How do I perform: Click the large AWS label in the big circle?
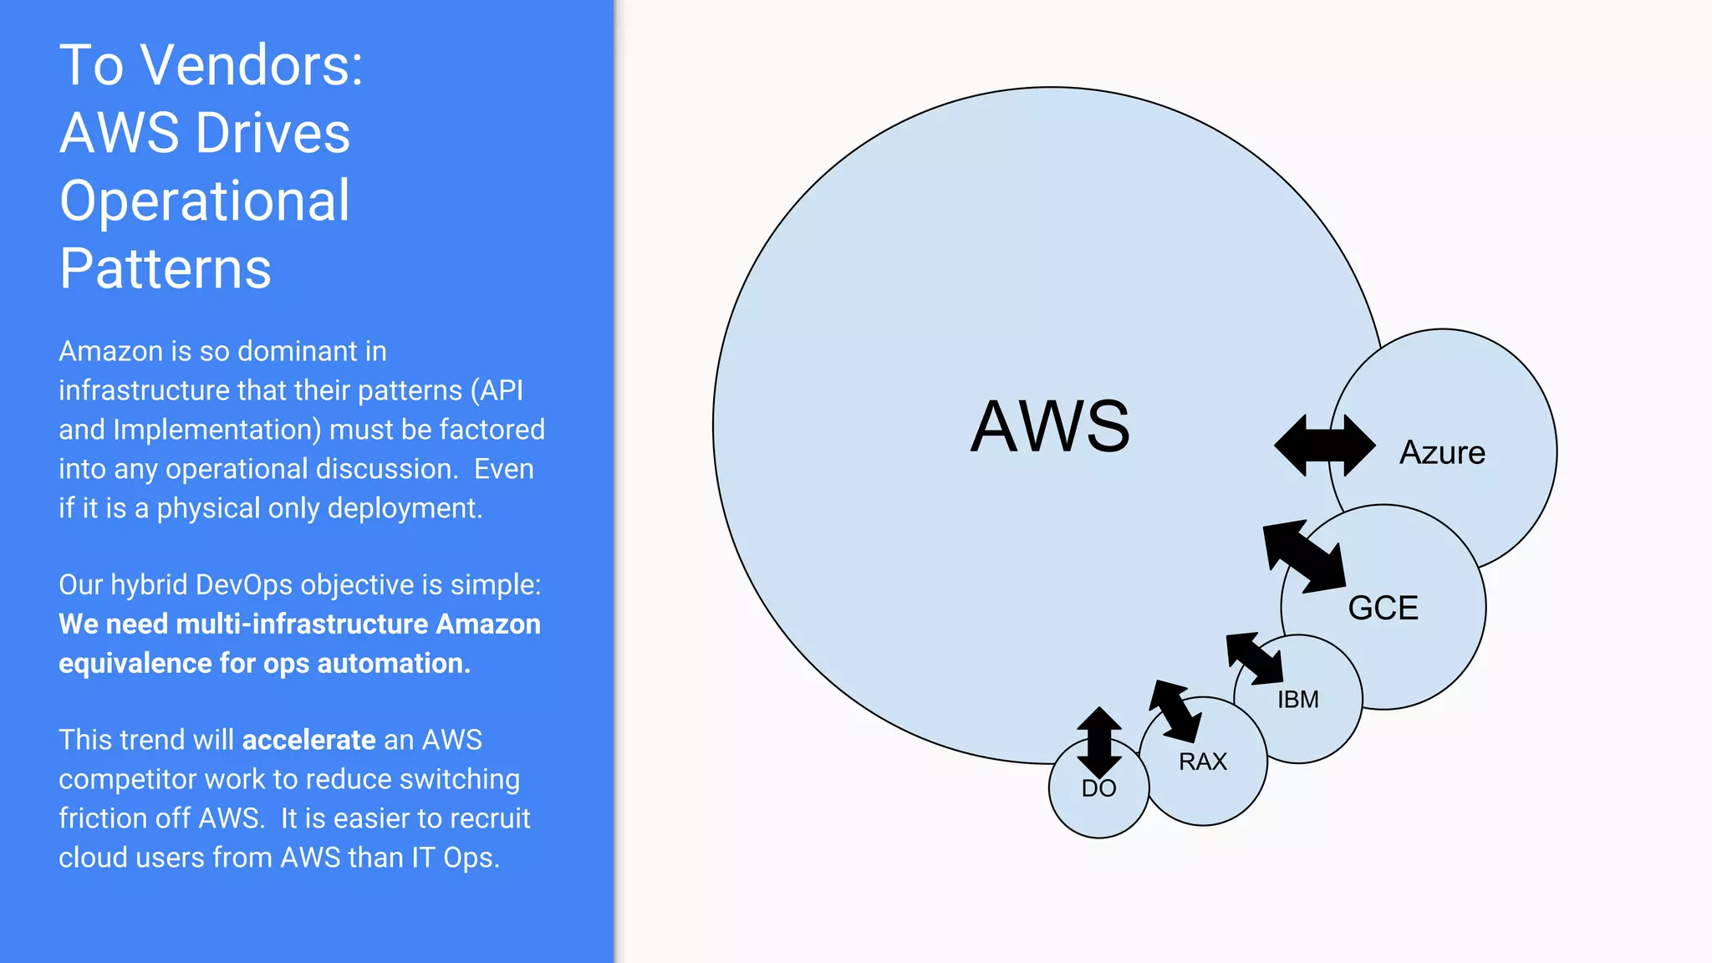click(1050, 426)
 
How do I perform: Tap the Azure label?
click(1442, 452)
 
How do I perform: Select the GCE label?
click(1383, 608)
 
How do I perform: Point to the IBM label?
click(1297, 700)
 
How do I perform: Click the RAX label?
click(1202, 762)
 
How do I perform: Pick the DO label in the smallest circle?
click(1098, 788)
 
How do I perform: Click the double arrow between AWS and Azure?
click(1324, 446)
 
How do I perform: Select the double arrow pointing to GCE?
click(1305, 556)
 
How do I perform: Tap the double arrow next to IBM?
click(1254, 659)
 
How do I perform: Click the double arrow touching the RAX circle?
click(1175, 711)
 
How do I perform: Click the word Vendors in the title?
click(251, 65)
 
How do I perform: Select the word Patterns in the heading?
click(166, 268)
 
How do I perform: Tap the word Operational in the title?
click(205, 201)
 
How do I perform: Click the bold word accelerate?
click(308, 740)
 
